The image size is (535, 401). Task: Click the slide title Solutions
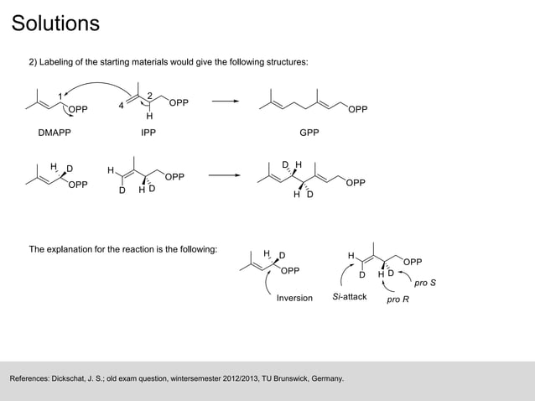[x=55, y=23]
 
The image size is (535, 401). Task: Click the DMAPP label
[x=55, y=133]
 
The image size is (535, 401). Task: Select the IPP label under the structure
[x=148, y=133]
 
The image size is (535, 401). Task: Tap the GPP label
[x=311, y=133]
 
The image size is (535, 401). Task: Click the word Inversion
[x=294, y=298]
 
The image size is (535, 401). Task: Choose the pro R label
[x=397, y=299]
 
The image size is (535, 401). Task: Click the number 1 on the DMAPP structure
[x=60, y=95]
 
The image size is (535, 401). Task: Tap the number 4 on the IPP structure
[x=121, y=106]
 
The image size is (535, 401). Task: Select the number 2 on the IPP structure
[x=149, y=94]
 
